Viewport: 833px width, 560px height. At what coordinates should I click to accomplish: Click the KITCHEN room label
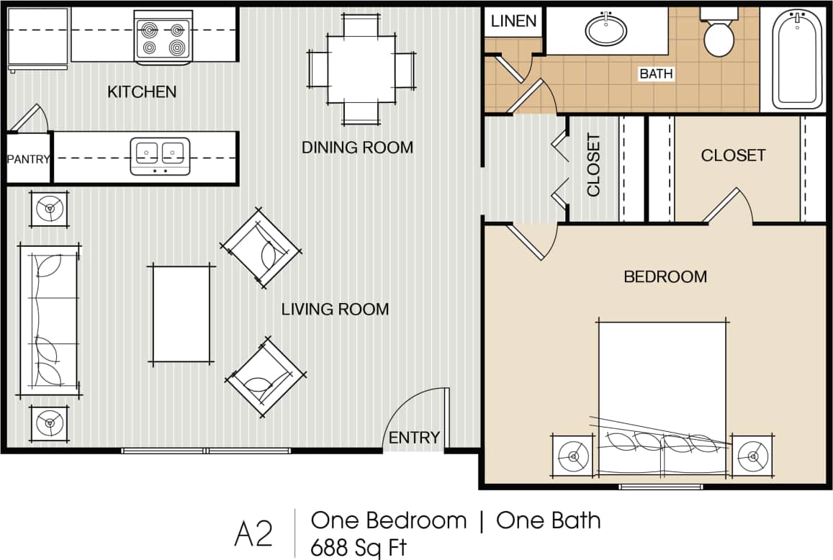coord(142,92)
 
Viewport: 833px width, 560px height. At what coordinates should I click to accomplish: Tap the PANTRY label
coord(29,159)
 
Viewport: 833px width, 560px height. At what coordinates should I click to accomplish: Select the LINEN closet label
coord(513,21)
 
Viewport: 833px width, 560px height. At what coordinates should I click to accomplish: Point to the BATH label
coord(656,73)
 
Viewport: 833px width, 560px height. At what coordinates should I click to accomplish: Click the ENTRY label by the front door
coord(414,438)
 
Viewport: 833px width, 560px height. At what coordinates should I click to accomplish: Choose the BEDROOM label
coord(665,276)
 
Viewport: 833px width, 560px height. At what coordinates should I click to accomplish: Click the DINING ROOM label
coord(357,148)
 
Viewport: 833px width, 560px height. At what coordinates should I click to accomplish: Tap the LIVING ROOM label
coord(335,310)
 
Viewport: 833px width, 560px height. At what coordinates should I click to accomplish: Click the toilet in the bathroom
coord(719,34)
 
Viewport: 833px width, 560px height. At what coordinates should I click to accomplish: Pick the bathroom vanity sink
coord(606,30)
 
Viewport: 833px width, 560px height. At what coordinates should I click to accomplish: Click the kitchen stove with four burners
coord(163,38)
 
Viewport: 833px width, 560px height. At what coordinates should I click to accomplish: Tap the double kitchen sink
coord(160,155)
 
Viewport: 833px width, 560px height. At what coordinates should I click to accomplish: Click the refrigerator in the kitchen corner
coord(37,38)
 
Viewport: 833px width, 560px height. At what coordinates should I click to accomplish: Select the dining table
coord(361,68)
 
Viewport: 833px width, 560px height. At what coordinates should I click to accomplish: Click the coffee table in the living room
coord(181,314)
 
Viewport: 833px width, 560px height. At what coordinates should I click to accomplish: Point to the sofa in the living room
coord(49,320)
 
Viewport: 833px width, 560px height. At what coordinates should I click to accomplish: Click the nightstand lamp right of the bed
coord(753,456)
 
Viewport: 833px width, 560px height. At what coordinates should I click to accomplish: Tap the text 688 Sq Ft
coord(358,546)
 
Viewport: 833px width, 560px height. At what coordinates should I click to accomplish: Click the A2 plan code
coord(253,534)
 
